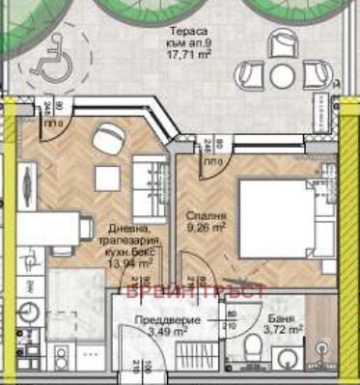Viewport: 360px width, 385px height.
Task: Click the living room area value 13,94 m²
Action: [x=129, y=261]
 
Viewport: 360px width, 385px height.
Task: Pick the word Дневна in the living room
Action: [x=125, y=228]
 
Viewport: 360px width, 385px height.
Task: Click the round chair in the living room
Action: [x=106, y=141]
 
